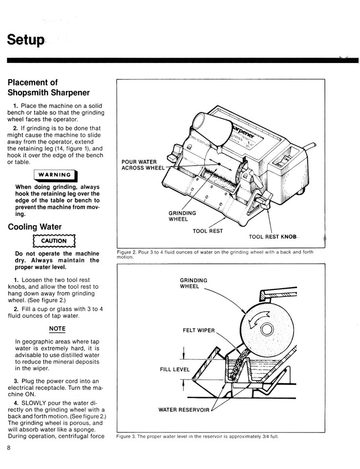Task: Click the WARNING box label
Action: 54,175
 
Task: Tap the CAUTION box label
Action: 54,241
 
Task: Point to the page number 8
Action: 9,448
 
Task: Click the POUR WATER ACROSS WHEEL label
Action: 143,165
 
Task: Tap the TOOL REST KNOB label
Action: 272,236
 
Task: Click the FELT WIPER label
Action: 198,330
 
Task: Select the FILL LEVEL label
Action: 174,369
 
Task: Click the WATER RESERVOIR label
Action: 184,409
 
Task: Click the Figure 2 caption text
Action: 215,254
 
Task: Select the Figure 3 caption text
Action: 197,436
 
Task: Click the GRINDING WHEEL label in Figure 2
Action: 182,216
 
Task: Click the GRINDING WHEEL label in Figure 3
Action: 193,283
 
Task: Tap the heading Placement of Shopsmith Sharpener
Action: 48,87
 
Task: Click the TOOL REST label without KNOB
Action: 208,231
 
